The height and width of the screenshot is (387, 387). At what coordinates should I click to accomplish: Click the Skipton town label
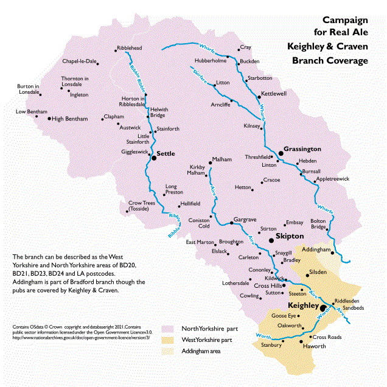click(290, 235)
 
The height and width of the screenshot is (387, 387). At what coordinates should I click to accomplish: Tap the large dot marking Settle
click(153, 157)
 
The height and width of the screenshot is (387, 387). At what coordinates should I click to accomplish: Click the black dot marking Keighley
click(323, 309)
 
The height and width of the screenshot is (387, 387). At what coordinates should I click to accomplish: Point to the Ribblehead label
click(128, 48)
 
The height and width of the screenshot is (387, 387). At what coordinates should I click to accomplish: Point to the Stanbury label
click(271, 346)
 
